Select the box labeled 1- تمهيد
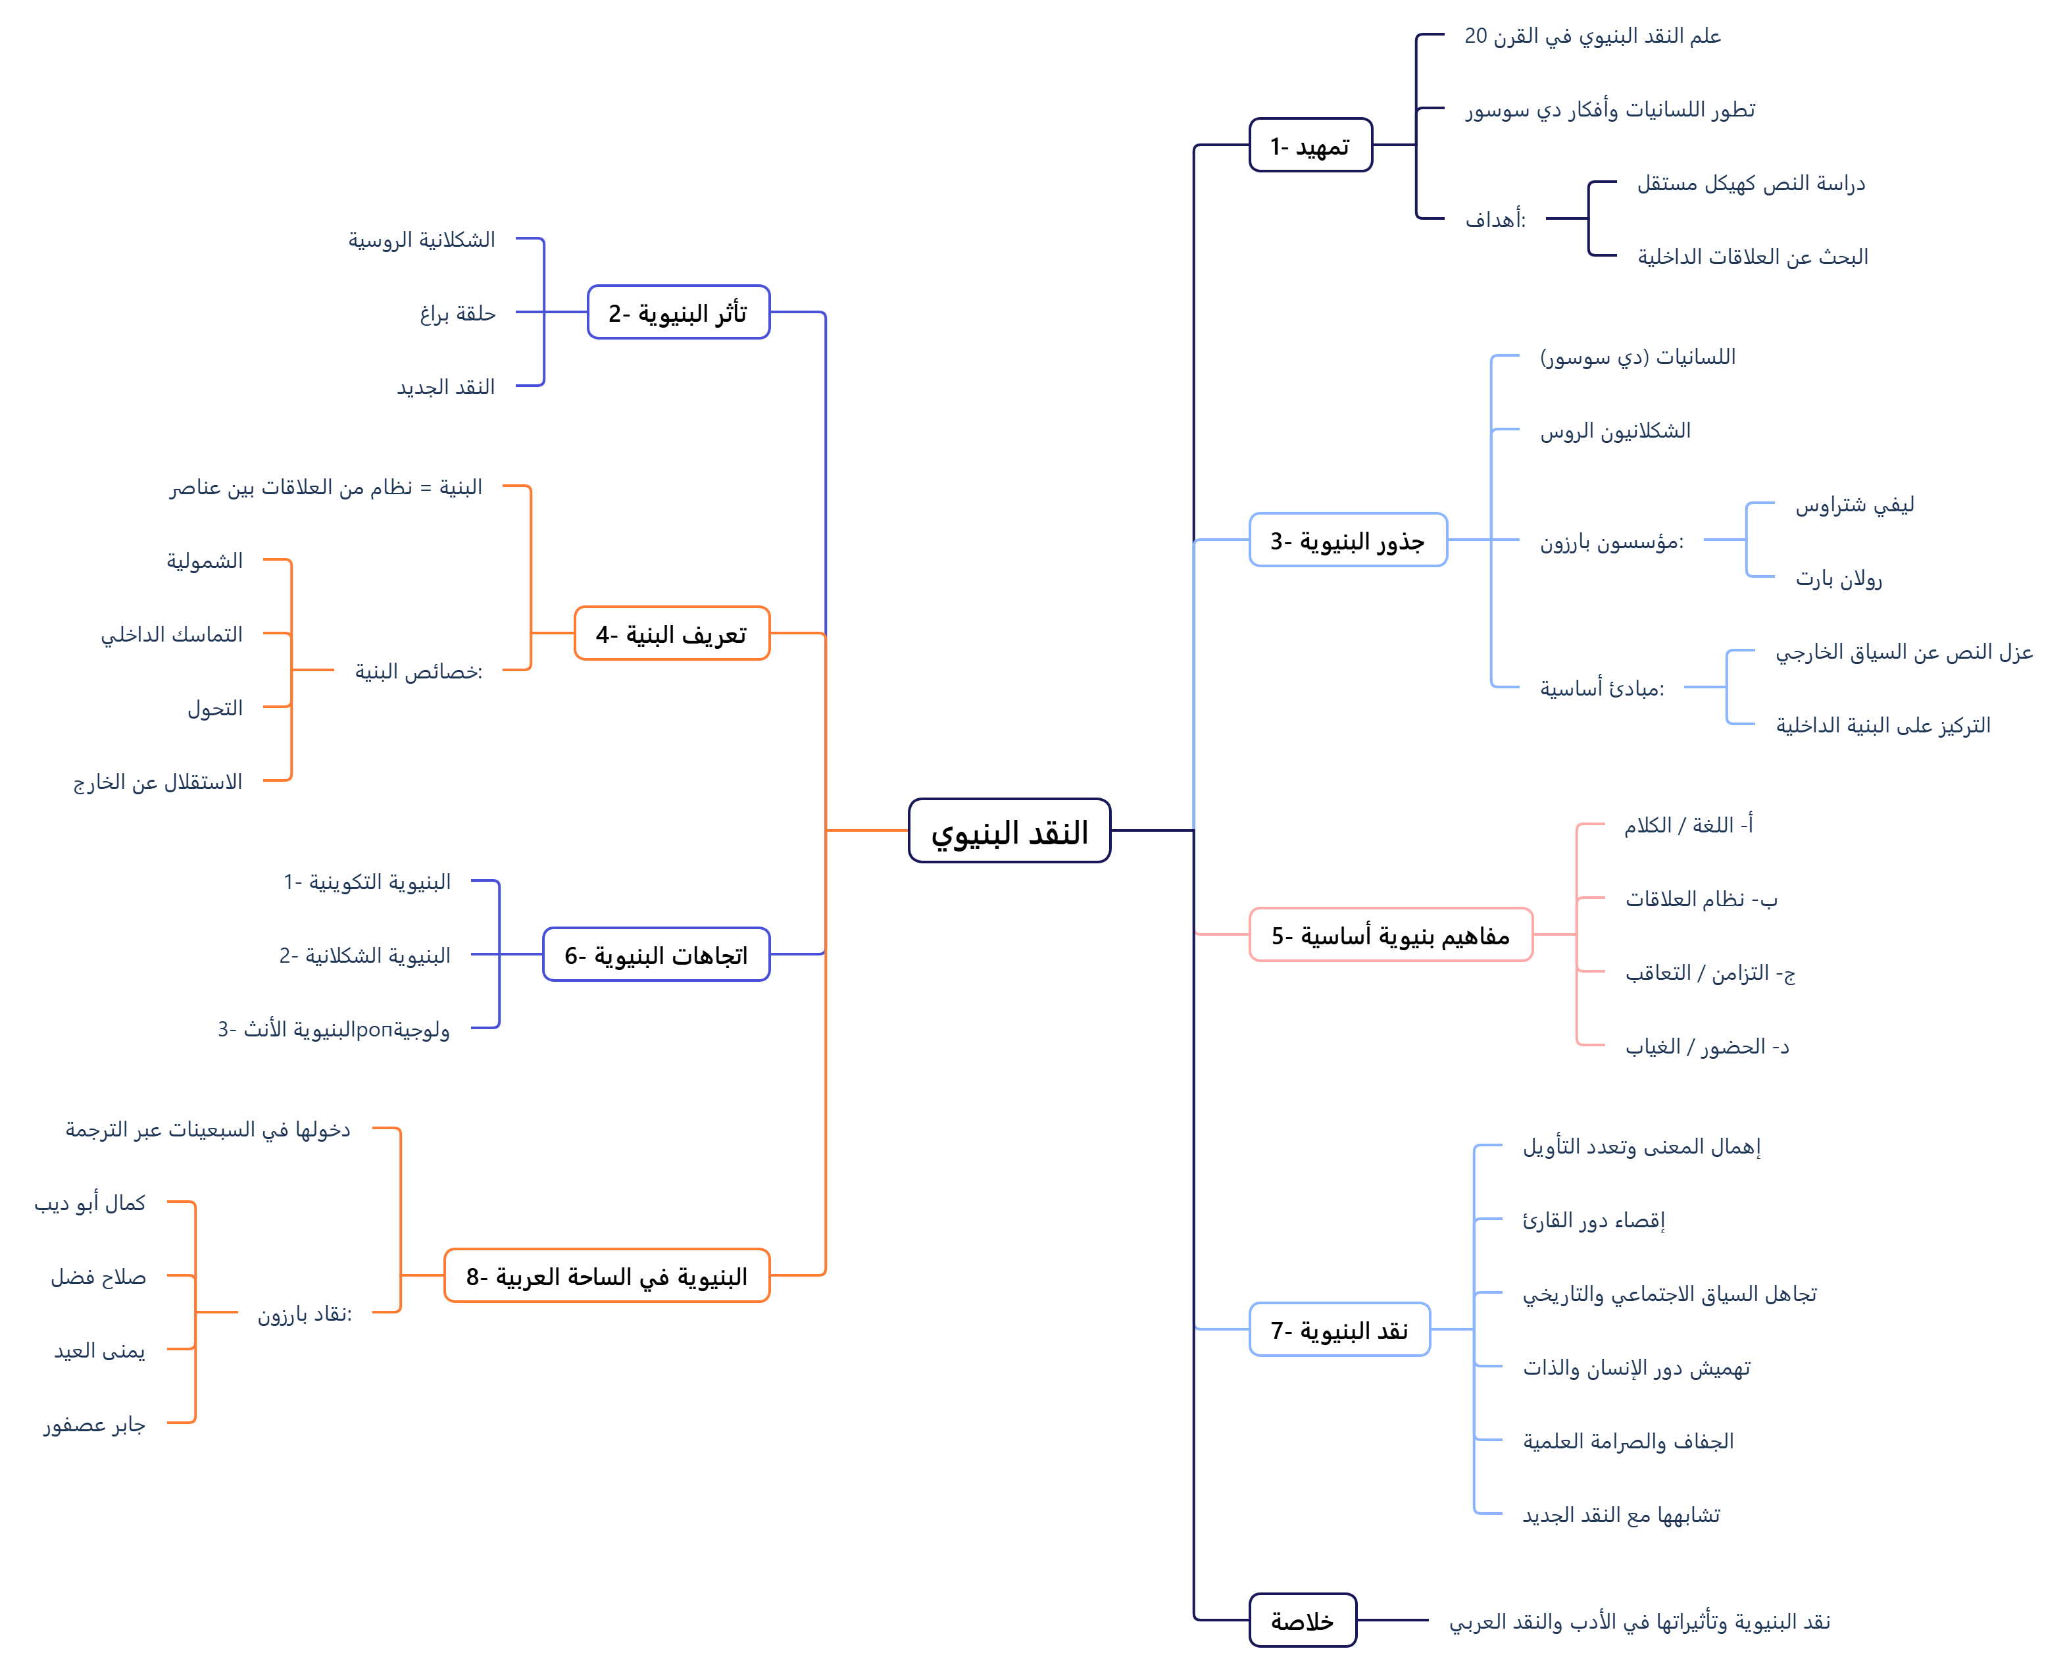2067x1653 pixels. [x=1310, y=145]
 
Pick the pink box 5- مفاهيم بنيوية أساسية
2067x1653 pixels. [x=1390, y=935]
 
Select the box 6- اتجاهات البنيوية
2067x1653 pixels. [x=656, y=955]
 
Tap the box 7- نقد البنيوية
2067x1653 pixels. [x=1339, y=1330]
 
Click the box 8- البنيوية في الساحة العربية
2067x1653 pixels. [x=606, y=1276]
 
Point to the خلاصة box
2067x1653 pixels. [x=1302, y=1620]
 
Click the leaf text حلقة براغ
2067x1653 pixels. [x=457, y=313]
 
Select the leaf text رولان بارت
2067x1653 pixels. [x=1838, y=578]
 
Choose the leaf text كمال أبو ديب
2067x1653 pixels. [x=90, y=1204]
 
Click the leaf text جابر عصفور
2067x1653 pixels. [x=94, y=1425]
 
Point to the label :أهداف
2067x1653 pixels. [x=1495, y=220]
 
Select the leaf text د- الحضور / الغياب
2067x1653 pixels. [x=1706, y=1046]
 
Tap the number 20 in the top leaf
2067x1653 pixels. [x=1476, y=36]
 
